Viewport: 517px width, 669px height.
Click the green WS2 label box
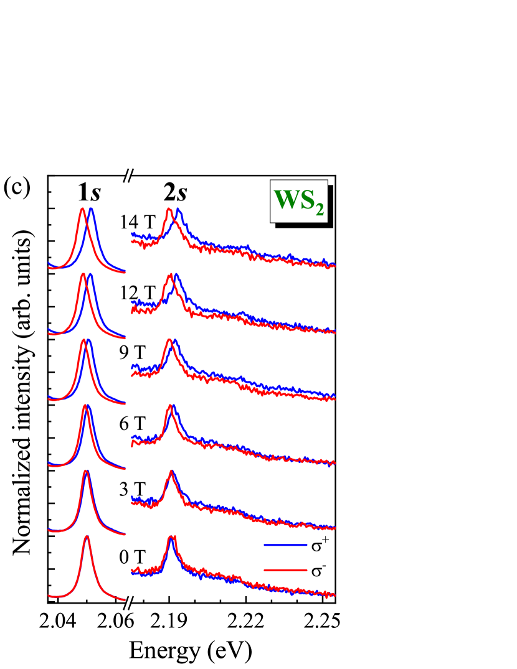coord(298,201)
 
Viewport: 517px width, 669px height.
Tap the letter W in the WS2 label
coord(287,200)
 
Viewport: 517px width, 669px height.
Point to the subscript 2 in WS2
coord(319,210)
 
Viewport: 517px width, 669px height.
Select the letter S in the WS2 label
coord(307,200)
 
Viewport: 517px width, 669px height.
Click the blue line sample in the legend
coord(285,545)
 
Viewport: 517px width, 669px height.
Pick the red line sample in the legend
coord(285,569)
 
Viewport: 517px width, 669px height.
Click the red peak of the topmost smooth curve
coord(82,209)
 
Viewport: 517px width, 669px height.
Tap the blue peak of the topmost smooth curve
coord(91,209)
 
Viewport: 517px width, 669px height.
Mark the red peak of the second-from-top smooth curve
coord(83,274)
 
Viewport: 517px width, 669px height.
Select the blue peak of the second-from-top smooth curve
coord(90,274)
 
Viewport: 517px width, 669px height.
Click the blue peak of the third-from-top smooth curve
coord(88,340)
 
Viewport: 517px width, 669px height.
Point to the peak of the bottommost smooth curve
coord(87,536)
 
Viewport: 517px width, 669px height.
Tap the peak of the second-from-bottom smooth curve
coord(86,470)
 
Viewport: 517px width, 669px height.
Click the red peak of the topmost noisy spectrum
coord(169,209)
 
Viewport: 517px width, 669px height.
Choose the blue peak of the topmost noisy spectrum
coord(179,210)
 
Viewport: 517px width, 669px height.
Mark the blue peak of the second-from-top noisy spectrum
coord(176,274)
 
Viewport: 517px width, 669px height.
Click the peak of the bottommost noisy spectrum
coord(171,536)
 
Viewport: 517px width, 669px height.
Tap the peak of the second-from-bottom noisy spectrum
coord(171,471)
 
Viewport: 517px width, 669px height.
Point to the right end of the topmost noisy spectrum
coord(334,265)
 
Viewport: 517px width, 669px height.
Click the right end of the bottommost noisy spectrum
coord(334,595)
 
